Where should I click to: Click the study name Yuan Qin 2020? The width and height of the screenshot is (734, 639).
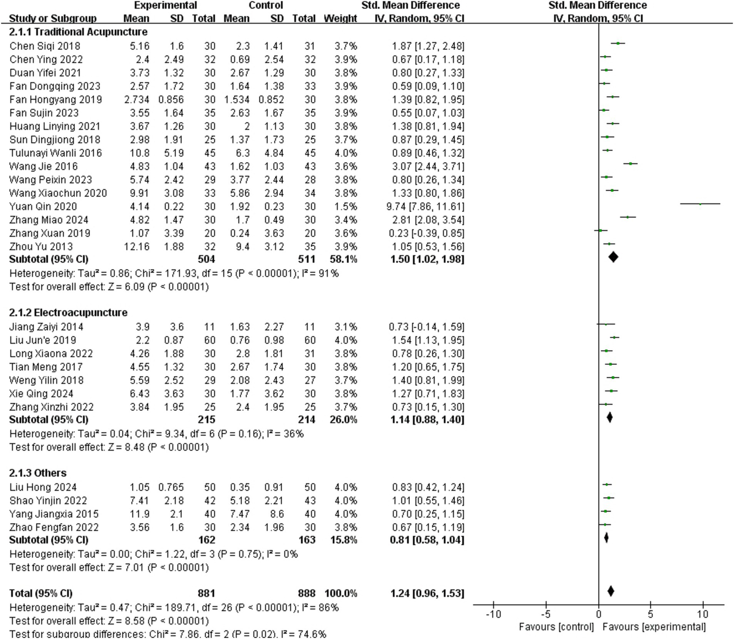click(x=43, y=207)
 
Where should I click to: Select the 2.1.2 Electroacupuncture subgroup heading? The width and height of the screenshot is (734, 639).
click(x=68, y=313)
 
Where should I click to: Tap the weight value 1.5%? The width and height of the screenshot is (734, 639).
click(x=346, y=207)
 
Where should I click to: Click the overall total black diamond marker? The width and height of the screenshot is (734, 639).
click(x=611, y=591)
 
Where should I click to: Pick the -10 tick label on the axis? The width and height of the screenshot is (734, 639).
click(x=493, y=614)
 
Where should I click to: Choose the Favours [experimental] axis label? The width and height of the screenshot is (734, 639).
click(x=654, y=627)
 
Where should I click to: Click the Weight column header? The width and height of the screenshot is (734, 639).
click(x=340, y=19)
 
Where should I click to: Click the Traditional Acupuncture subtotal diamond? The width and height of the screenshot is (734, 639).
click(x=613, y=257)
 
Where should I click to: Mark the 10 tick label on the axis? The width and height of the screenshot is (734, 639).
click(x=703, y=614)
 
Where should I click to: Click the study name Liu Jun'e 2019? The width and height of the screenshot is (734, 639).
click(x=43, y=341)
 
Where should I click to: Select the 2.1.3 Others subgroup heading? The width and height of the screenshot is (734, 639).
click(x=38, y=473)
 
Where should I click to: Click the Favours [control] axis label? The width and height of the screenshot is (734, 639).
click(x=556, y=627)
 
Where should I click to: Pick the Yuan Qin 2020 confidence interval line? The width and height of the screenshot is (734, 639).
click(x=700, y=204)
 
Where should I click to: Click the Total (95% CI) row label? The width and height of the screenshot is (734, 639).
click(x=41, y=594)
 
